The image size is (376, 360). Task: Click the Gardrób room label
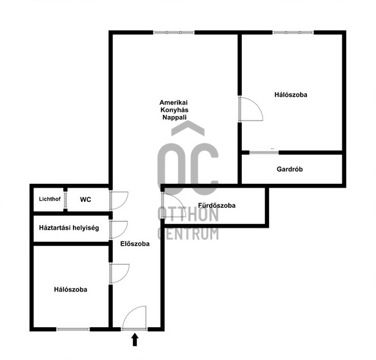(x=290, y=169)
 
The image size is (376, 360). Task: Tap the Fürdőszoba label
(x=217, y=205)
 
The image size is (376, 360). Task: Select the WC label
(x=85, y=199)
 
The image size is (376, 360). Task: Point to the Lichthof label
(x=50, y=199)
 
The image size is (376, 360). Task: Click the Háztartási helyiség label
(x=69, y=228)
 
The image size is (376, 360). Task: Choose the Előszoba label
(x=135, y=244)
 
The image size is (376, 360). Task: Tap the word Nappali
(x=174, y=117)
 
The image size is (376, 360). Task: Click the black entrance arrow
(x=135, y=339)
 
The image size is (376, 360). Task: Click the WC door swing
(x=119, y=201)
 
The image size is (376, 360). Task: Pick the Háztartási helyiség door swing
(x=119, y=230)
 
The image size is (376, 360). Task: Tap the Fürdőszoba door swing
(x=173, y=205)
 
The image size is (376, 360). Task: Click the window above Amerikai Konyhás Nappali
(x=173, y=32)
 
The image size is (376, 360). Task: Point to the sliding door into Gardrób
(x=264, y=152)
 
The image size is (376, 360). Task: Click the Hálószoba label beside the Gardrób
(x=291, y=95)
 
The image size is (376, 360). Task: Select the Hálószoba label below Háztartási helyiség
(x=70, y=290)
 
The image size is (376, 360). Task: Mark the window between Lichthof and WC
(x=65, y=200)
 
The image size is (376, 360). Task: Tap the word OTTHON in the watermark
(x=188, y=214)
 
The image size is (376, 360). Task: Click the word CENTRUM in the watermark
(x=188, y=234)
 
